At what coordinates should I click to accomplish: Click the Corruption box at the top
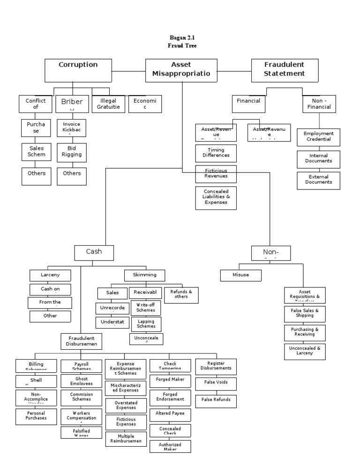click(x=78, y=70)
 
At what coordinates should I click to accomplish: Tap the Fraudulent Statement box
click(x=285, y=70)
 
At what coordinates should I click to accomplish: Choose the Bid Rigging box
click(x=72, y=151)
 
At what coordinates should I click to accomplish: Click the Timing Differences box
click(x=216, y=153)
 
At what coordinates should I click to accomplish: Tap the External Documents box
click(x=319, y=180)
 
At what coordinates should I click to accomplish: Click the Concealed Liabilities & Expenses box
click(x=216, y=198)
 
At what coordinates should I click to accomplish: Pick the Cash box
click(x=94, y=252)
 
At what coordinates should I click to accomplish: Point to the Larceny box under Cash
click(x=50, y=275)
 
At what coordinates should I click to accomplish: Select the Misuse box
click(x=241, y=275)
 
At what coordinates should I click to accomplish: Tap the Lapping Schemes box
click(x=146, y=323)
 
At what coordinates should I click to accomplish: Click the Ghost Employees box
click(x=81, y=381)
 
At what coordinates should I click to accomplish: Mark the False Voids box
click(x=216, y=383)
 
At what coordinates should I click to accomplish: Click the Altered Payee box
click(x=170, y=413)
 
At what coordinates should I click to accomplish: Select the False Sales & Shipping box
click(x=305, y=313)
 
